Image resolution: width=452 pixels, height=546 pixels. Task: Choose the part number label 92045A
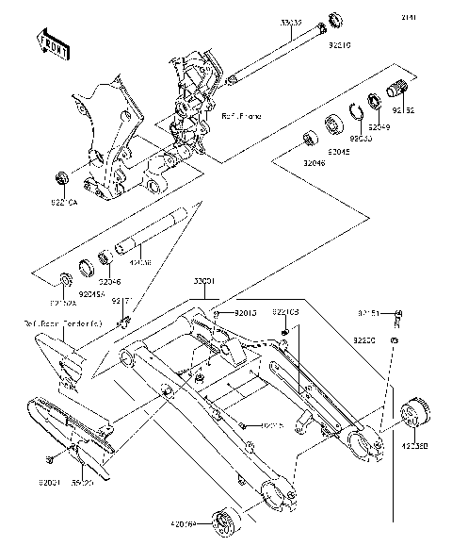(x=92, y=293)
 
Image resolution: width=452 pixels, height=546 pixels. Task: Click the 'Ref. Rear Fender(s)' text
(x=54, y=323)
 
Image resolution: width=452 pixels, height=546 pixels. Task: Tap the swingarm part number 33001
(x=204, y=281)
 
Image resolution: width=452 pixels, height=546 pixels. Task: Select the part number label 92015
(x=246, y=311)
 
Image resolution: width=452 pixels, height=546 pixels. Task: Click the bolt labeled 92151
(x=399, y=315)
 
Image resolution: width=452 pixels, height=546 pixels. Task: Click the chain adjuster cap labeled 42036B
(x=413, y=411)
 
